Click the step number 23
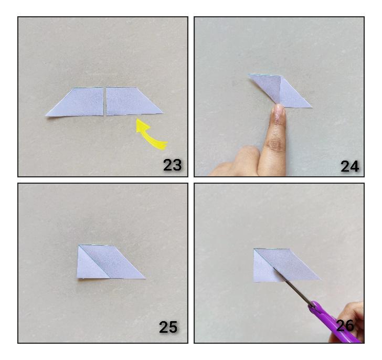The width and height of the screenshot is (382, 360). coord(172,165)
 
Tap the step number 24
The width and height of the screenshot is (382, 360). coord(349,166)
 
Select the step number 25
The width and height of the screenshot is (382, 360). coord(168,327)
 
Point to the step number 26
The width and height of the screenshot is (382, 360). coord(345,325)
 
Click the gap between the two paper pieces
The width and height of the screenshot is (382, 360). coord(105,101)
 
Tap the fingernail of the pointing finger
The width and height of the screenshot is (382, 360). coord(279,112)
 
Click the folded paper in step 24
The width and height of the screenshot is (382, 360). coord(280,91)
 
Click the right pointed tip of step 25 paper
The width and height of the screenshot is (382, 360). coord(145,279)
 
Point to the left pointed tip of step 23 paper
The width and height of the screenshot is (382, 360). coord(46,115)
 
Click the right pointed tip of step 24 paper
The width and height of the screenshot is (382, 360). coord(312,107)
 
